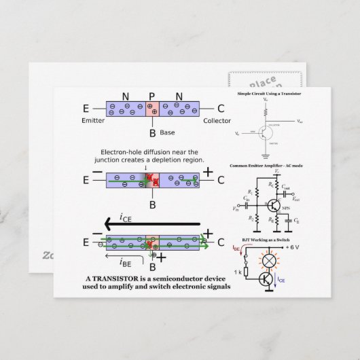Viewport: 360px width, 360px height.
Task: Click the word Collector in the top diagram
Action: click(x=217, y=120)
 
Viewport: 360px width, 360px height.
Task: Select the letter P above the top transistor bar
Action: click(x=151, y=97)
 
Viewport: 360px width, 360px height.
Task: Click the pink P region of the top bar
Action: click(x=152, y=109)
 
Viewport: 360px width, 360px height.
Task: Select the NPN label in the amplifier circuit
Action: click(x=280, y=208)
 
